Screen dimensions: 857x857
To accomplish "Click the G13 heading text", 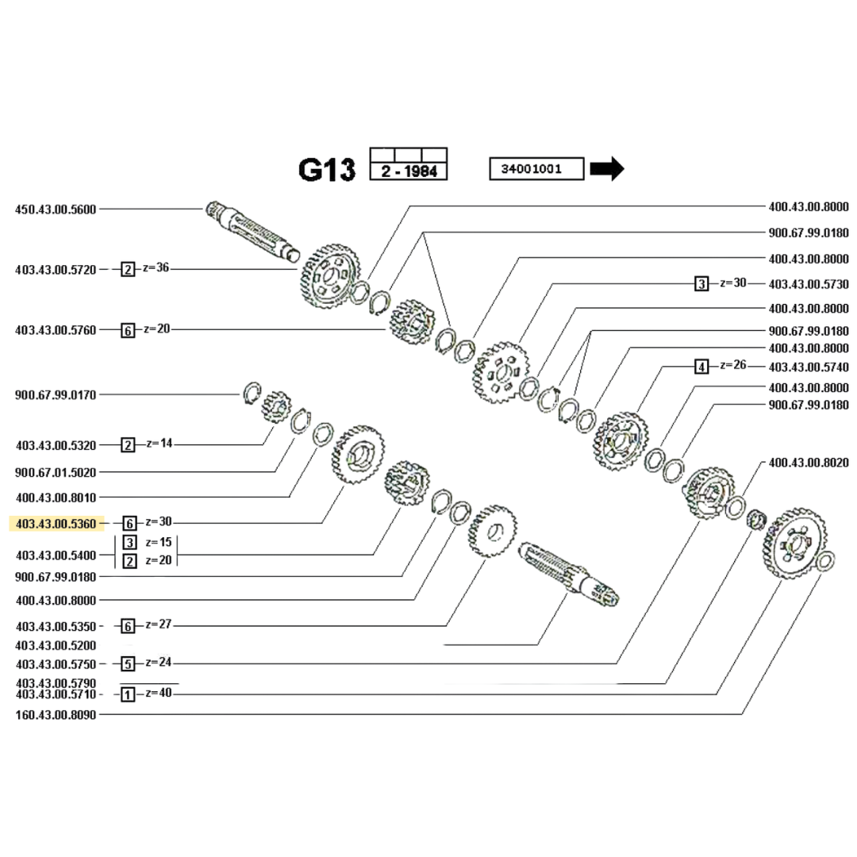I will (x=326, y=169).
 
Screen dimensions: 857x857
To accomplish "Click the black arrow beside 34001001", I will (x=608, y=169).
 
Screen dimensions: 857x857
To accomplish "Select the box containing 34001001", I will (x=536, y=169).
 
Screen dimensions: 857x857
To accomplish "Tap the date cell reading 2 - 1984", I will (x=409, y=171).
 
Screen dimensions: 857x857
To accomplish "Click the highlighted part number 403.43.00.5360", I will (x=56, y=524).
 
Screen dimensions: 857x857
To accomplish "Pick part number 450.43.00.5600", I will (x=56, y=209).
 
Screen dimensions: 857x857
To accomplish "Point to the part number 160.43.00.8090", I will (x=56, y=714).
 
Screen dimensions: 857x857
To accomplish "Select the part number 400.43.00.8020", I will (x=809, y=462).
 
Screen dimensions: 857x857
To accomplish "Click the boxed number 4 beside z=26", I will (x=701, y=367).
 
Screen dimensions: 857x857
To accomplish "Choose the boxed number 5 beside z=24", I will (x=128, y=663).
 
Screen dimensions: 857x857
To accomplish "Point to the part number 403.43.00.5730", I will (x=809, y=283).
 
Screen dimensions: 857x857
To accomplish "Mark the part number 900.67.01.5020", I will (x=56, y=472).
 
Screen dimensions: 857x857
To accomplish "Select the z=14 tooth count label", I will (x=158, y=444).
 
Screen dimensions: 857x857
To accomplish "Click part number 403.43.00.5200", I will (x=56, y=645).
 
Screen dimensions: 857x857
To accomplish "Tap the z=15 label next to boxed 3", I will (x=158, y=543).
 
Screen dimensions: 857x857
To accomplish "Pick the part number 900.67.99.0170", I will (x=56, y=394).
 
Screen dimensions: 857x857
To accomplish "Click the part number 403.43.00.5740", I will (x=809, y=367).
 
